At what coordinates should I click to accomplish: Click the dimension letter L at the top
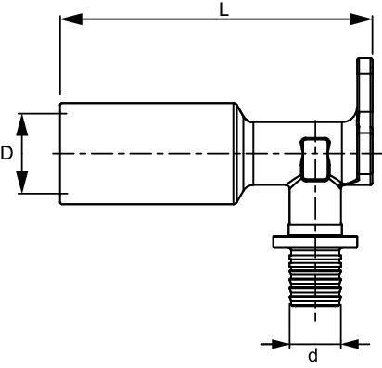(x=223, y=10)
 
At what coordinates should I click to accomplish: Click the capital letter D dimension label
(x=6, y=153)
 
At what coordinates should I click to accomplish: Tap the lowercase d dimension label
(x=313, y=356)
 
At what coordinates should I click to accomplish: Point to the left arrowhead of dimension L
(x=71, y=19)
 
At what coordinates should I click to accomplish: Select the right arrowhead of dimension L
(x=361, y=19)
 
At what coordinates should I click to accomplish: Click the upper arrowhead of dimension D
(x=22, y=125)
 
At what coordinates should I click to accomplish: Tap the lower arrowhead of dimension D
(x=22, y=183)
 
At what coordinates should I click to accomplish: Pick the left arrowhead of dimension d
(x=280, y=344)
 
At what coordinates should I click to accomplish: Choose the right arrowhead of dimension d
(x=350, y=344)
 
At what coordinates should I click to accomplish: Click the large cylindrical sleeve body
(x=146, y=153)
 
